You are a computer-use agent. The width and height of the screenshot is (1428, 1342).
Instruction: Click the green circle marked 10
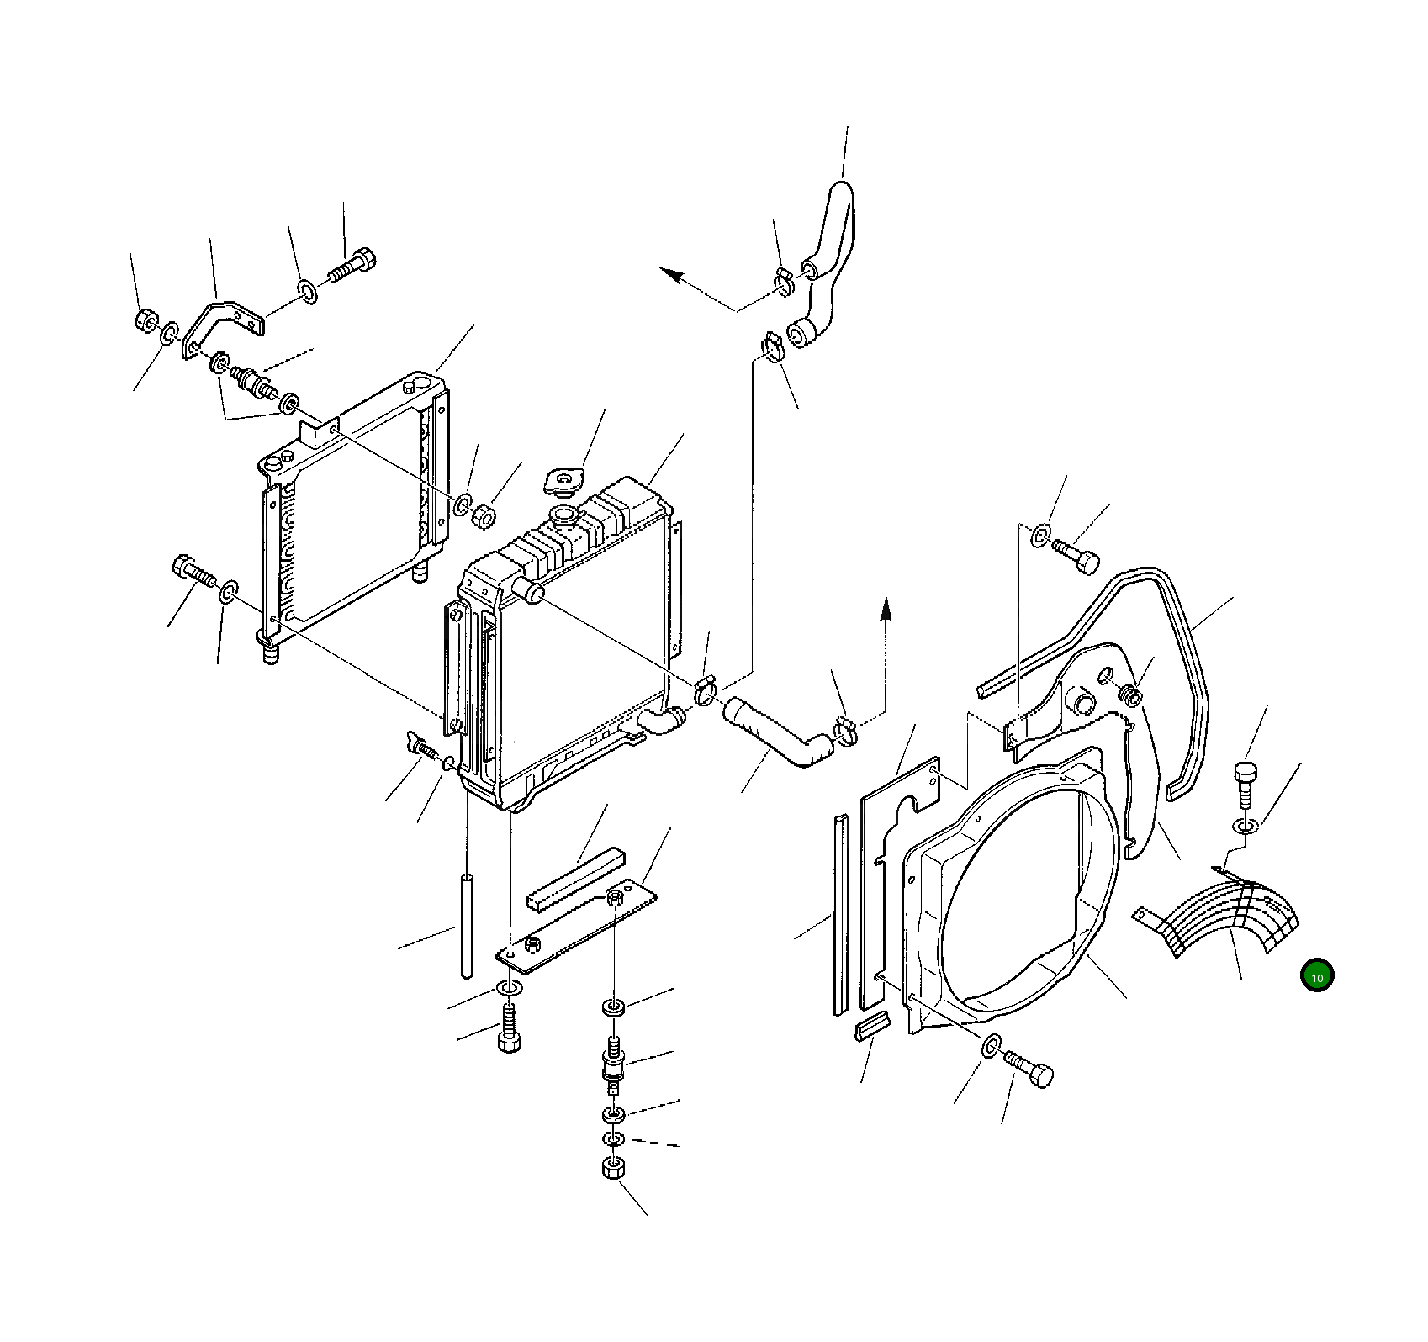[x=1317, y=976]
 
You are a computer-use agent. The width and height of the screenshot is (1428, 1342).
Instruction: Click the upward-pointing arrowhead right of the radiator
[x=885, y=609]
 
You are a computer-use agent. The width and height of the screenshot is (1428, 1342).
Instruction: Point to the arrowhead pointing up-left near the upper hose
[x=672, y=275]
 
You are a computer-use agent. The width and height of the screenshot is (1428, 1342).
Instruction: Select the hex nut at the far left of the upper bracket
[x=145, y=320]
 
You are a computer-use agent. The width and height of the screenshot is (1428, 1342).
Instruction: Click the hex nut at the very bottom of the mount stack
[x=613, y=1169]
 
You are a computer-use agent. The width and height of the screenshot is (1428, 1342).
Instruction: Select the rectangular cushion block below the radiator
[x=576, y=879]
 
